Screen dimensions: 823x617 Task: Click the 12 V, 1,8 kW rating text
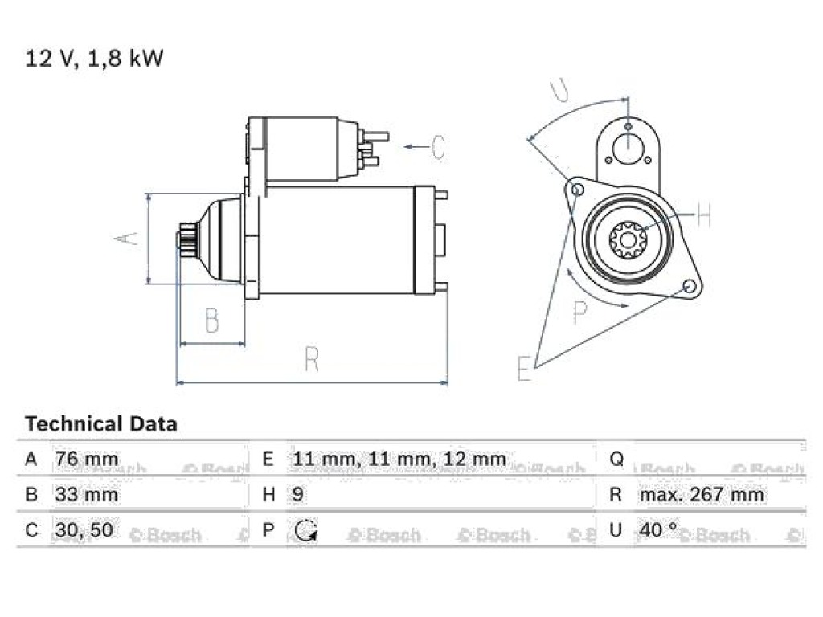95,58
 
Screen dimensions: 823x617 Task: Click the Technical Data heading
101,424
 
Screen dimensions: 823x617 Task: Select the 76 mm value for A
87,459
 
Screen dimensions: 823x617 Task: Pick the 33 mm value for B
87,495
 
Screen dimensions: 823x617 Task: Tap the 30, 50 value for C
84,530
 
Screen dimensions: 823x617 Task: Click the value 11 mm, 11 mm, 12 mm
399,459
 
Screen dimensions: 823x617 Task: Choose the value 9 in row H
297,495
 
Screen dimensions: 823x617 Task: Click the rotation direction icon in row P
305,530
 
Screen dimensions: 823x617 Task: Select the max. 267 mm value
701,495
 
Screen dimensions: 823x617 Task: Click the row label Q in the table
616,460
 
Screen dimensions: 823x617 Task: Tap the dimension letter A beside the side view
126,238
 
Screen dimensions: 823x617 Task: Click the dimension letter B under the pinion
212,320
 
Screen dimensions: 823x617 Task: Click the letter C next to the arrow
438,147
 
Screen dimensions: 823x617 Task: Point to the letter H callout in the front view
703,214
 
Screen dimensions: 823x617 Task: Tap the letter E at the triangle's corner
524,368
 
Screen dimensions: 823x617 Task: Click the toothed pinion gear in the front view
628,240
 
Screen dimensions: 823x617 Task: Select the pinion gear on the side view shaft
188,239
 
